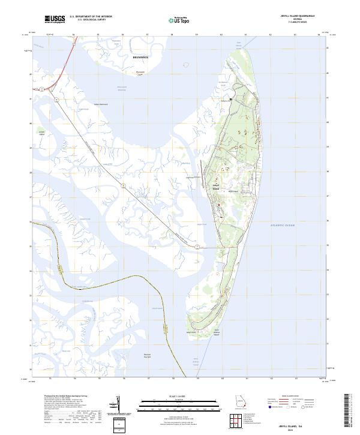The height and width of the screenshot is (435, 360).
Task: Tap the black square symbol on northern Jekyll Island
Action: [230, 98]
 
